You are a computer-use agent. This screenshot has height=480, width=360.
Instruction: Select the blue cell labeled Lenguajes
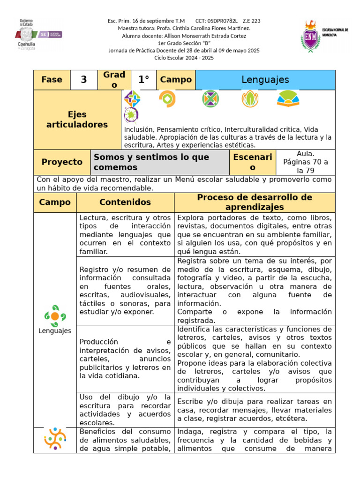click(x=265, y=80)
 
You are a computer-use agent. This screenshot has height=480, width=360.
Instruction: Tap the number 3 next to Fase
click(x=83, y=80)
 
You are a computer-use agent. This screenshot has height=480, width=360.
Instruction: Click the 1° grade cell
click(x=143, y=80)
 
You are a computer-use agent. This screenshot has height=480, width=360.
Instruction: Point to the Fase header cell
click(x=52, y=80)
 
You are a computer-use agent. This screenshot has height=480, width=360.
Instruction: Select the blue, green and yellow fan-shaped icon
click(x=288, y=98)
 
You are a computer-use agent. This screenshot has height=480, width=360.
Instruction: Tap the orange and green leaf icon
click(x=249, y=99)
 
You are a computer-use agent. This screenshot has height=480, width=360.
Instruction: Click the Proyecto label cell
click(x=62, y=162)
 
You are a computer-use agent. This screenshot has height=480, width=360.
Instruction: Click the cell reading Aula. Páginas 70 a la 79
click(x=306, y=162)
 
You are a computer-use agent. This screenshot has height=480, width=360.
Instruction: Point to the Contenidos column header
click(x=125, y=202)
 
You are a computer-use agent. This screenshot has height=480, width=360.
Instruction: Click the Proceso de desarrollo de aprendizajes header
click(x=254, y=202)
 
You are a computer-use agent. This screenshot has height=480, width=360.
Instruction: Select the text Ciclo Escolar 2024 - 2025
click(x=184, y=58)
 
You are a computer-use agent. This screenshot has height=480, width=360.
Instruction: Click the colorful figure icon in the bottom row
click(x=55, y=439)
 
